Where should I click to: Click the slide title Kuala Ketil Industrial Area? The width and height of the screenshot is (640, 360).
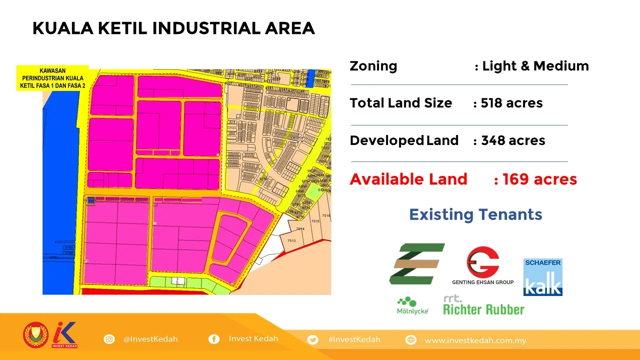tap(173, 28)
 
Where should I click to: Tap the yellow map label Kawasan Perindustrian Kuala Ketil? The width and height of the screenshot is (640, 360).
tap(52, 78)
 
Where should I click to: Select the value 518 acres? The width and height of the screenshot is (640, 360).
tap(511, 103)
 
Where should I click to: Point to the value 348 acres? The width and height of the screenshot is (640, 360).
tap(513, 140)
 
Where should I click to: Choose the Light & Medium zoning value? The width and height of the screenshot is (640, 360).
tap(535, 66)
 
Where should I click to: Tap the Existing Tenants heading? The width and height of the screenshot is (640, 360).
tap(475, 214)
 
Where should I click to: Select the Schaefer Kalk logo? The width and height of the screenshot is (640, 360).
tap(543, 277)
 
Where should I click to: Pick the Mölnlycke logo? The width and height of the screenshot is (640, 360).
tap(412, 305)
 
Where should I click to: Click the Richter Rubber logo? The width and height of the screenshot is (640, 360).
tap(483, 305)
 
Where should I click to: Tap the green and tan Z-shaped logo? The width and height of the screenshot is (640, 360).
tap(416, 263)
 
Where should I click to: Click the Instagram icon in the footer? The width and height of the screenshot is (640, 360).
tap(109, 339)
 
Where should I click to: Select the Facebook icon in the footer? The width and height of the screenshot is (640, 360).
tap(214, 339)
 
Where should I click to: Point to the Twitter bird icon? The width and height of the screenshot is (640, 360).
tap(313, 339)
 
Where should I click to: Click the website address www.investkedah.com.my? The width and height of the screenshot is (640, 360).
tap(475, 340)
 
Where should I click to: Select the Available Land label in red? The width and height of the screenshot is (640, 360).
tap(408, 179)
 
